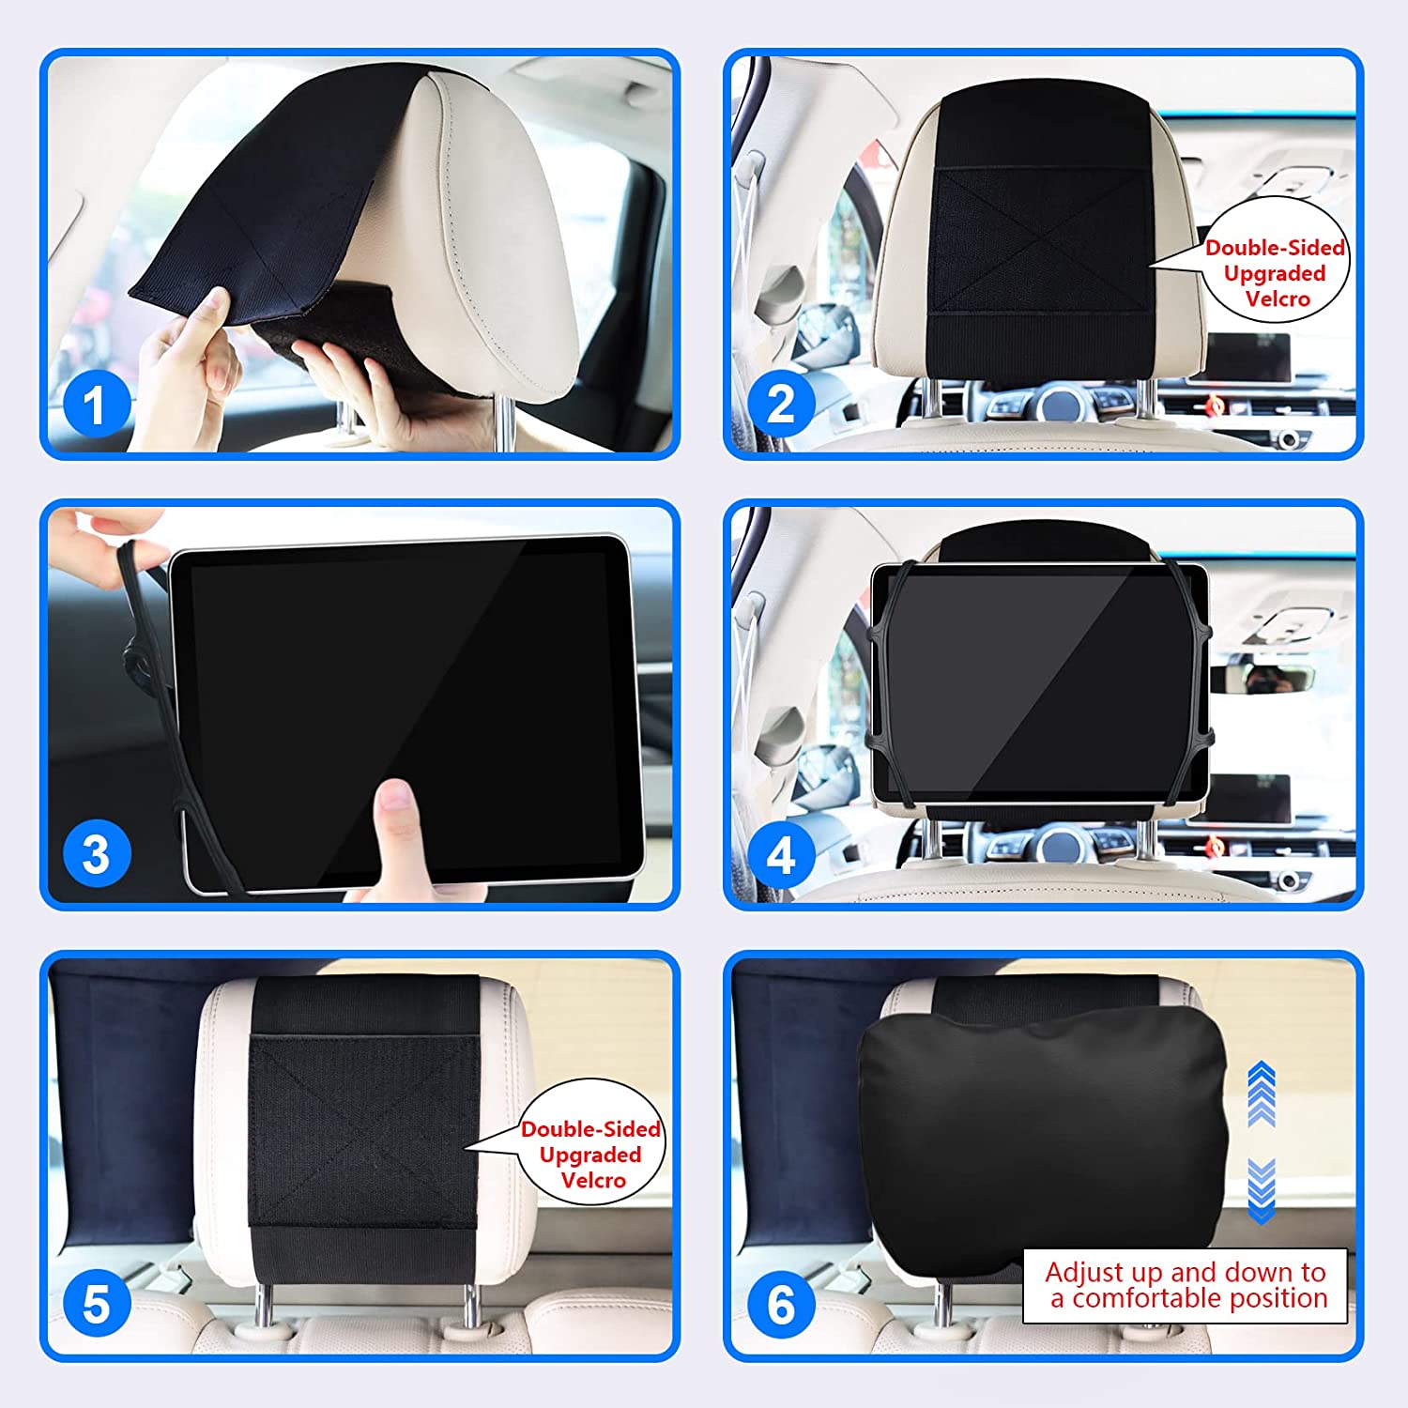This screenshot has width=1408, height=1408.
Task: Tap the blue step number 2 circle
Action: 780,405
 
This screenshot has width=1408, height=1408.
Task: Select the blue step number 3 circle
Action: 96,853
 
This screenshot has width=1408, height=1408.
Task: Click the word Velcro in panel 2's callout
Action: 1278,298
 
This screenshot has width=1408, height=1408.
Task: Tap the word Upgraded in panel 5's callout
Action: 590,1155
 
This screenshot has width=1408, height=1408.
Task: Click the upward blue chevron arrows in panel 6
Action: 1262,1094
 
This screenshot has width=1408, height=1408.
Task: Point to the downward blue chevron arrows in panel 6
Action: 1262,1191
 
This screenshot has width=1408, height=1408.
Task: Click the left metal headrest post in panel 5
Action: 266,1305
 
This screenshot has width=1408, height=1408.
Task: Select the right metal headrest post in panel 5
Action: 469,1305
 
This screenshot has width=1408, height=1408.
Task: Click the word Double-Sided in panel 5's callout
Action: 590,1129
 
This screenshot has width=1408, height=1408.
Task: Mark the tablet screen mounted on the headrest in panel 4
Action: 1040,684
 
